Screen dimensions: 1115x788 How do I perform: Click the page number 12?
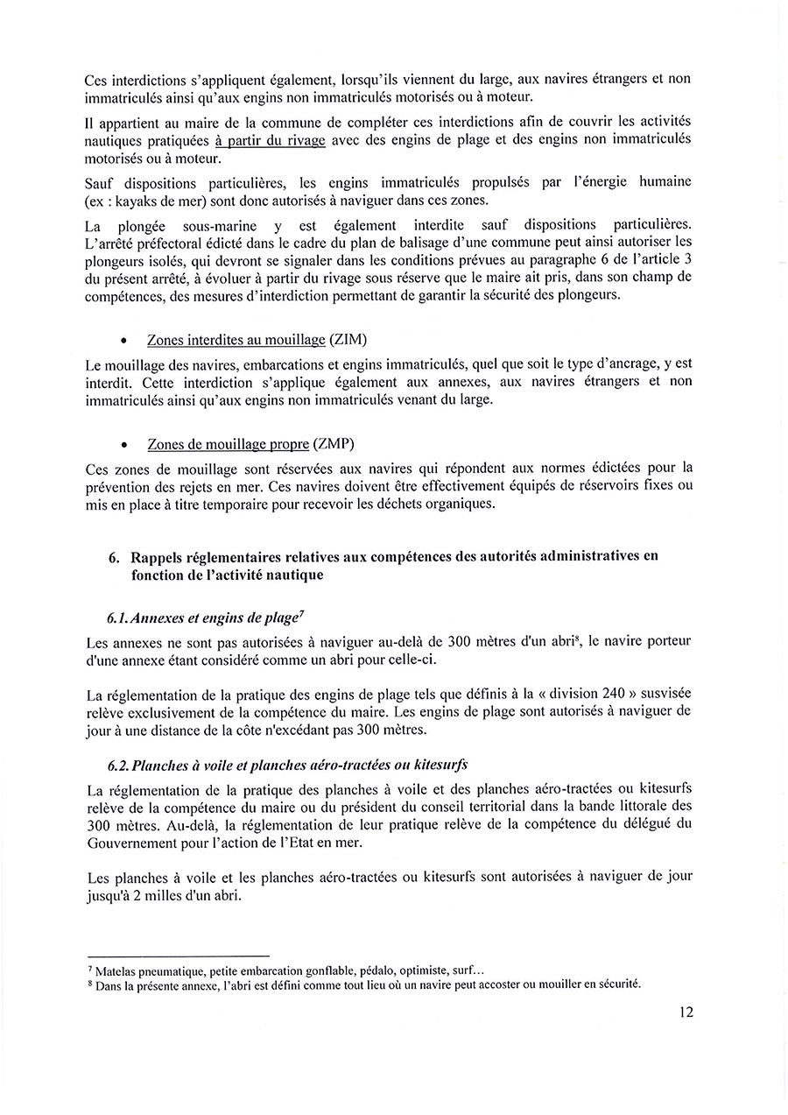[686, 1012]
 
